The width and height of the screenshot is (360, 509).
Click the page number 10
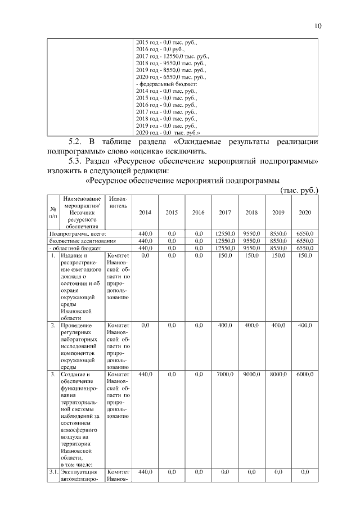[318, 26]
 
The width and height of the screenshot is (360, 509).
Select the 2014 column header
[145, 213]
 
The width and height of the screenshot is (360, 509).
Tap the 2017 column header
[224, 213]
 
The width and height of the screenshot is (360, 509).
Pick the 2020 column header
[304, 213]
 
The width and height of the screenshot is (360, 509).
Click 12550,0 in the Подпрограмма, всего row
[224, 233]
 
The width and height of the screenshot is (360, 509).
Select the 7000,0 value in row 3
[224, 374]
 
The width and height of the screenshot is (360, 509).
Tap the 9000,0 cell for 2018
[251, 374]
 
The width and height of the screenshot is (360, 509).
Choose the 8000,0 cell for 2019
[278, 374]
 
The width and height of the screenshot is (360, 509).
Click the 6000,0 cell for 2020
[304, 374]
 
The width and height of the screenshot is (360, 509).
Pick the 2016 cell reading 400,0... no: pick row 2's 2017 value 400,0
[224, 326]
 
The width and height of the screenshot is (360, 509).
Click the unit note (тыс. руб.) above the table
[299, 191]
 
